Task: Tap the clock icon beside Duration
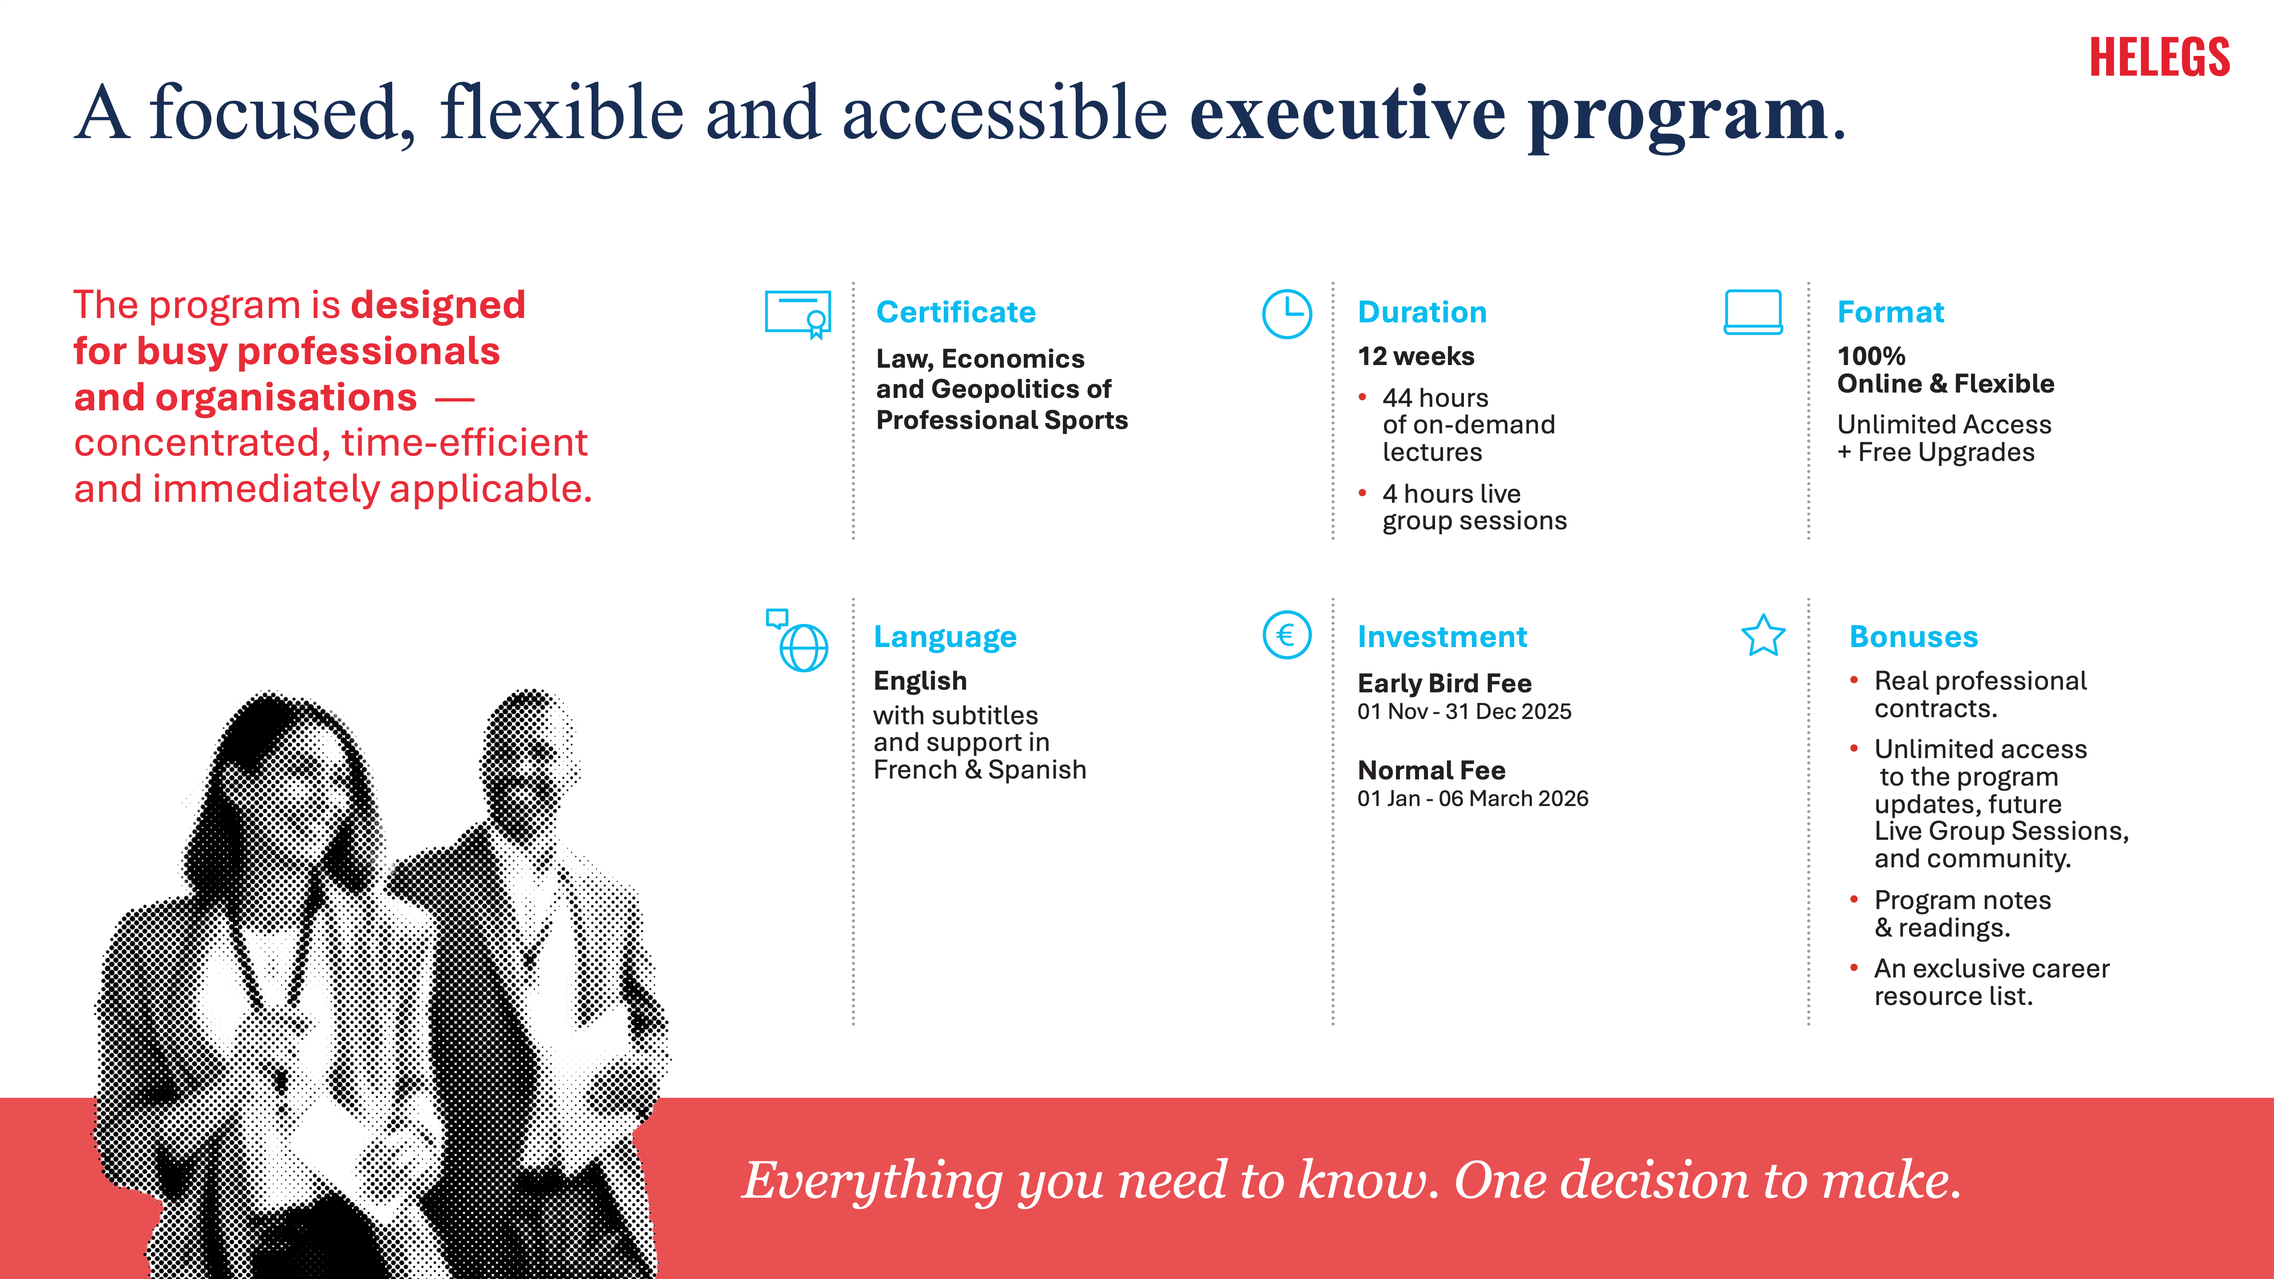coord(1287,314)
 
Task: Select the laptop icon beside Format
coord(1753,313)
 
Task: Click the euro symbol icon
coord(1287,635)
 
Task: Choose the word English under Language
coord(920,681)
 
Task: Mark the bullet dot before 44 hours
coord(1363,397)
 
